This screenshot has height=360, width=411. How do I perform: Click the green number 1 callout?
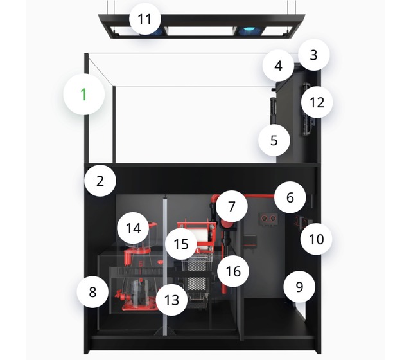tap(84, 94)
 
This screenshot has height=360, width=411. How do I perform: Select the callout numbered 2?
tap(100, 181)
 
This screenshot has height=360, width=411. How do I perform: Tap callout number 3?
tap(313, 55)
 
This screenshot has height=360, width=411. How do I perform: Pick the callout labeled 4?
tap(278, 66)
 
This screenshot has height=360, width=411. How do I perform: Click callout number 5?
tap(274, 140)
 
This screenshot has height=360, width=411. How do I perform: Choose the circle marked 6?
tap(290, 197)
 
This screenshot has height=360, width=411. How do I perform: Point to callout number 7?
tap(232, 206)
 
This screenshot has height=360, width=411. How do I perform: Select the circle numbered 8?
tap(92, 292)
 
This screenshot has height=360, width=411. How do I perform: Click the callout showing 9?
tap(299, 287)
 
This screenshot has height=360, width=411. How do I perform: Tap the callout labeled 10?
tap(317, 239)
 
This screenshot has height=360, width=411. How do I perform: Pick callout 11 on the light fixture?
tap(144, 19)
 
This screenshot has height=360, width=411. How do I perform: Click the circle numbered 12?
tap(317, 102)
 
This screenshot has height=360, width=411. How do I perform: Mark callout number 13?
tap(171, 300)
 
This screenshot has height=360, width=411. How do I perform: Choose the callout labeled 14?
tap(133, 228)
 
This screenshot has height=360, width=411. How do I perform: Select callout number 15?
tap(181, 244)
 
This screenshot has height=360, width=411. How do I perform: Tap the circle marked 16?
tap(233, 271)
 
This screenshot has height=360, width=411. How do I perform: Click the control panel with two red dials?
tap(268, 219)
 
